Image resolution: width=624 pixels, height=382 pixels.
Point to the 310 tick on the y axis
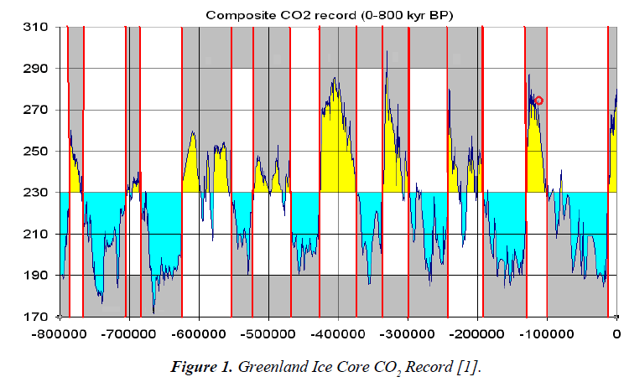pos(38,28)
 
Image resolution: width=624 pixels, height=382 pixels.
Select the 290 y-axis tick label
pos(38,69)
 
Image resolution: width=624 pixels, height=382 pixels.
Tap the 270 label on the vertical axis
pos(38,110)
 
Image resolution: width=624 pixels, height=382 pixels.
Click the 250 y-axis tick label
pos(38,152)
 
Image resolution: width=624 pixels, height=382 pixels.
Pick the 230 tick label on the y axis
pos(38,193)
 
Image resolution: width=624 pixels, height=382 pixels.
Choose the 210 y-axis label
pos(38,234)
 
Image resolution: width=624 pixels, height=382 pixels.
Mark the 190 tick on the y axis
pos(38,276)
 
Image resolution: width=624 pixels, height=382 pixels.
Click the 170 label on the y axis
pos(38,317)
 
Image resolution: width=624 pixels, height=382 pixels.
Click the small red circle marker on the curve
pos(539,101)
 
